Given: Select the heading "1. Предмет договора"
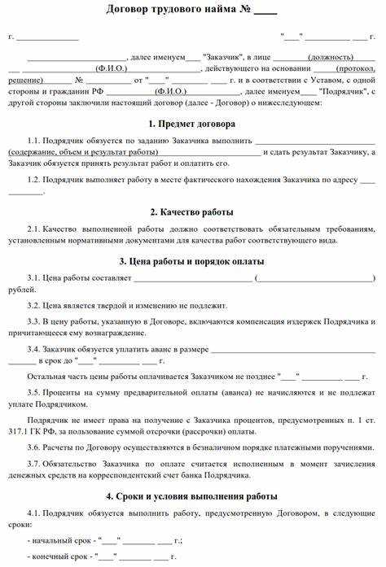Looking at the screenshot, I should tap(193, 124).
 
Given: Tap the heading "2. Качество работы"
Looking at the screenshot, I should tap(193, 212).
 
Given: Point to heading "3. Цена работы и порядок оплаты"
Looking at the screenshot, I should tap(193, 261).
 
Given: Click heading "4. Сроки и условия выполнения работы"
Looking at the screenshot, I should tap(193, 495).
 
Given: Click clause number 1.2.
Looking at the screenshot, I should tap(33, 179).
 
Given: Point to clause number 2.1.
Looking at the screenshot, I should tap(33, 229).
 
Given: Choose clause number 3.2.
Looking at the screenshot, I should tap(33, 305).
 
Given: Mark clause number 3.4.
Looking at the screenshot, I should tap(33, 350).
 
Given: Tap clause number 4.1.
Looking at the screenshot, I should tap(33, 514).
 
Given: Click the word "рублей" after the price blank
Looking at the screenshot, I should tap(21, 289).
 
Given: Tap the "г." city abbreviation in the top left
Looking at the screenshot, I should tap(11, 37).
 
